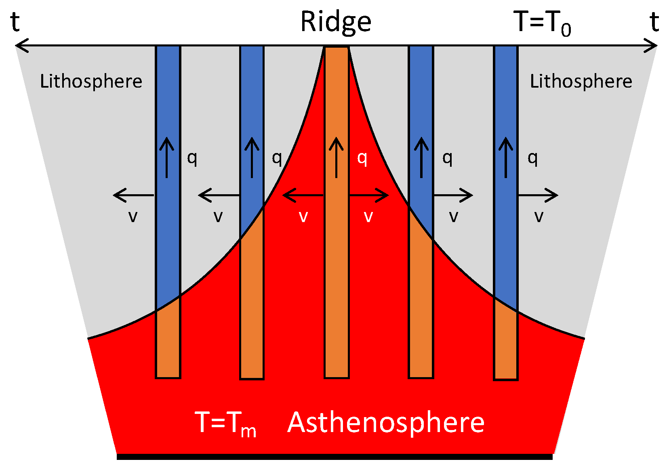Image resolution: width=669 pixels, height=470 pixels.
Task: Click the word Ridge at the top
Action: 335,22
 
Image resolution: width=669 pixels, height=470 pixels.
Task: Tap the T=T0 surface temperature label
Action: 542,23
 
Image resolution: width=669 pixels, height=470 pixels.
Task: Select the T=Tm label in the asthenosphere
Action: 225,423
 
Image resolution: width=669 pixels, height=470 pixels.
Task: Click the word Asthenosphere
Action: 386,422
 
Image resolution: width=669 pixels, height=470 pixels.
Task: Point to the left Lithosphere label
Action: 91,81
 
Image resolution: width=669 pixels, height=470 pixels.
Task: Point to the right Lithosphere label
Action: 581,81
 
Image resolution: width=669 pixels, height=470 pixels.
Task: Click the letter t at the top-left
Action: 15,22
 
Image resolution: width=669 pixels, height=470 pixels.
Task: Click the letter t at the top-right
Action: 654,22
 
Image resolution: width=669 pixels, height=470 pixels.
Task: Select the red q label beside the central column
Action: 362,158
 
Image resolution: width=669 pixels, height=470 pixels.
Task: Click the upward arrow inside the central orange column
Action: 336,157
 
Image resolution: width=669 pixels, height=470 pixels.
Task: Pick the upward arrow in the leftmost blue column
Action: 166,157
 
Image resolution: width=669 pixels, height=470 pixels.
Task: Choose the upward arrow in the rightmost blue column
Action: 506,157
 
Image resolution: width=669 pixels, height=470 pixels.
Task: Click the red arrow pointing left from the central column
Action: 303,196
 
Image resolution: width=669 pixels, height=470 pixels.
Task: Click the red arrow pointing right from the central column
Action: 368,196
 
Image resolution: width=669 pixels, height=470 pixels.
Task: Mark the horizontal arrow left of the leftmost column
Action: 134,196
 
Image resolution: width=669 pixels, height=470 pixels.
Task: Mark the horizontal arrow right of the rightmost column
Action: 538,196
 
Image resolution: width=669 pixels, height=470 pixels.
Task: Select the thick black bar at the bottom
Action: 334,457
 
